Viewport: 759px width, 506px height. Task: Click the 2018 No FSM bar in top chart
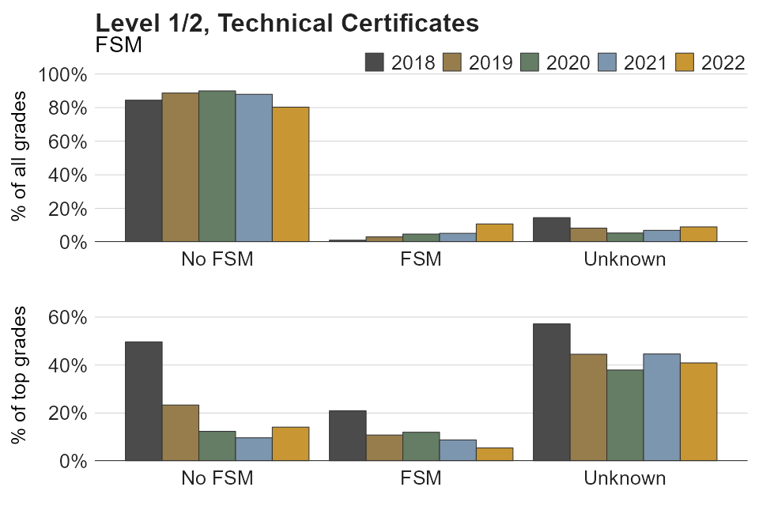point(143,170)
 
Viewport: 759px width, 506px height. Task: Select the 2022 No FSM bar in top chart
point(290,174)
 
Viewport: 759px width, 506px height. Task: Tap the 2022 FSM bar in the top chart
point(494,232)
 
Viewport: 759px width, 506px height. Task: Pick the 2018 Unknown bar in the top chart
point(552,229)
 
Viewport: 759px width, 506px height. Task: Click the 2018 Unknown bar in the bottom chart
point(552,391)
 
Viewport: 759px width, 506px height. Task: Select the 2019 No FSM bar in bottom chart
point(180,432)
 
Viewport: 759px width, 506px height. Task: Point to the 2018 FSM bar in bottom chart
point(347,435)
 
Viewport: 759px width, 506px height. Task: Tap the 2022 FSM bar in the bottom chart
point(494,454)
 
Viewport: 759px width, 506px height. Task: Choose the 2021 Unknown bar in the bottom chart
point(662,406)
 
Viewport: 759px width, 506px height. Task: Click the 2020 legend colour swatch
point(530,62)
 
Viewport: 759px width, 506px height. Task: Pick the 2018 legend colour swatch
point(375,62)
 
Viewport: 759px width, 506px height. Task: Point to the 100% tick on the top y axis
point(62,74)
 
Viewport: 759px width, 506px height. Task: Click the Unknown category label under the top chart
point(625,259)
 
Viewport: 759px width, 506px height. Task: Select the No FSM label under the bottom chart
point(217,478)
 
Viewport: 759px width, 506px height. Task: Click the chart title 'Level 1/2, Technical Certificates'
point(286,24)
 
